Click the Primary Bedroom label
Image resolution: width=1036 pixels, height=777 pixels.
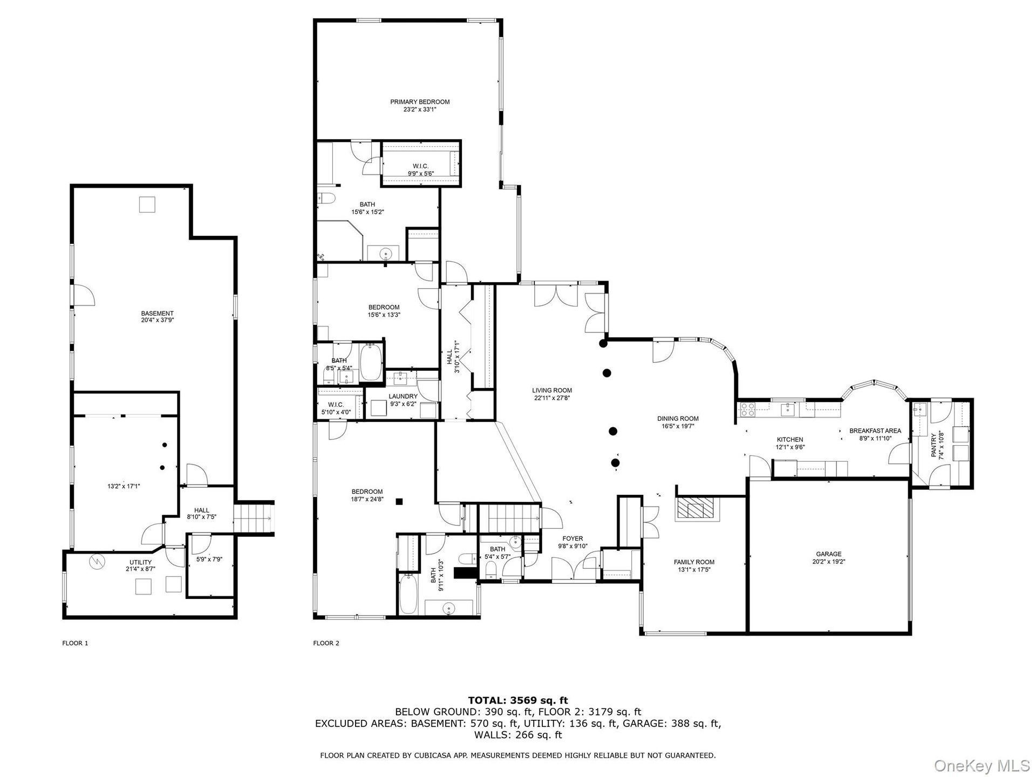pos(420,102)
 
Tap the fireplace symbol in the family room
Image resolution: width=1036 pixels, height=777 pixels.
pos(697,508)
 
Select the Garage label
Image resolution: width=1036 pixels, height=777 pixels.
pos(829,554)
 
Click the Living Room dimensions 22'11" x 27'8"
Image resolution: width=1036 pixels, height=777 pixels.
pos(552,398)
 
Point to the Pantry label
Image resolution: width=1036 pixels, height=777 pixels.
pos(934,446)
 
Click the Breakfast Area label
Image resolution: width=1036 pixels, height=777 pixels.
pos(875,431)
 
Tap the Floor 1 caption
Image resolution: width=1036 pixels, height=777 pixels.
pos(75,643)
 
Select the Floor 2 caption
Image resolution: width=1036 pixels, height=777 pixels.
pos(326,643)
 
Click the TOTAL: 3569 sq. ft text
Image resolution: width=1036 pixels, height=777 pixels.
pos(518,701)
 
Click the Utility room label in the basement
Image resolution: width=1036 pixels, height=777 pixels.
pos(140,562)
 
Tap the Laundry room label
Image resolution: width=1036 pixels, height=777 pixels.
pos(403,397)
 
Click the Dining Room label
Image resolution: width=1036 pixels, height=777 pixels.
pos(678,418)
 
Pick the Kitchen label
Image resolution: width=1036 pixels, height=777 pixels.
pos(790,440)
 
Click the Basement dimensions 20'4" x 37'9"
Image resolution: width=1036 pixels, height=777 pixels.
pos(158,320)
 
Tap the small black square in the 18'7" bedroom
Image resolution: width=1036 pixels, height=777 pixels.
pos(399,501)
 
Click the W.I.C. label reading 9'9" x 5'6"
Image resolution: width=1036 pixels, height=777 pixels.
pos(421,174)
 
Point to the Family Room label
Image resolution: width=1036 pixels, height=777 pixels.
pos(694,562)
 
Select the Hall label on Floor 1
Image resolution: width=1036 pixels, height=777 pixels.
pos(202,510)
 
